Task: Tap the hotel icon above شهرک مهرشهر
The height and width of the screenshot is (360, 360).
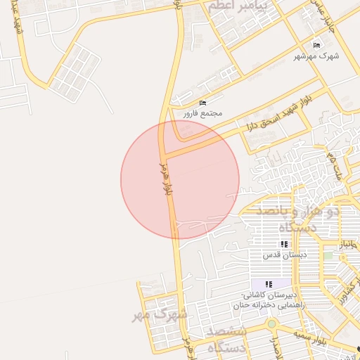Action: [x=318, y=45]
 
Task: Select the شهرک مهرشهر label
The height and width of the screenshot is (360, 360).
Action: [x=318, y=56]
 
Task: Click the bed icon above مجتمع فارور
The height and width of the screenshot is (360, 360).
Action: [x=203, y=103]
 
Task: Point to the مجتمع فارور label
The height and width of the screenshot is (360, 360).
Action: [x=203, y=113]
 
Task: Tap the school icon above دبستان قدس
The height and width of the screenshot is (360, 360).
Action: [x=284, y=245]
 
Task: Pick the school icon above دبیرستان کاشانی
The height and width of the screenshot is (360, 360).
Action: [x=268, y=284]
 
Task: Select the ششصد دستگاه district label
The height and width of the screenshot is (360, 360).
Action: [x=226, y=339]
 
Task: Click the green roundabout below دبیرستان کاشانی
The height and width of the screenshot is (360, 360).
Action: [x=271, y=324]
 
